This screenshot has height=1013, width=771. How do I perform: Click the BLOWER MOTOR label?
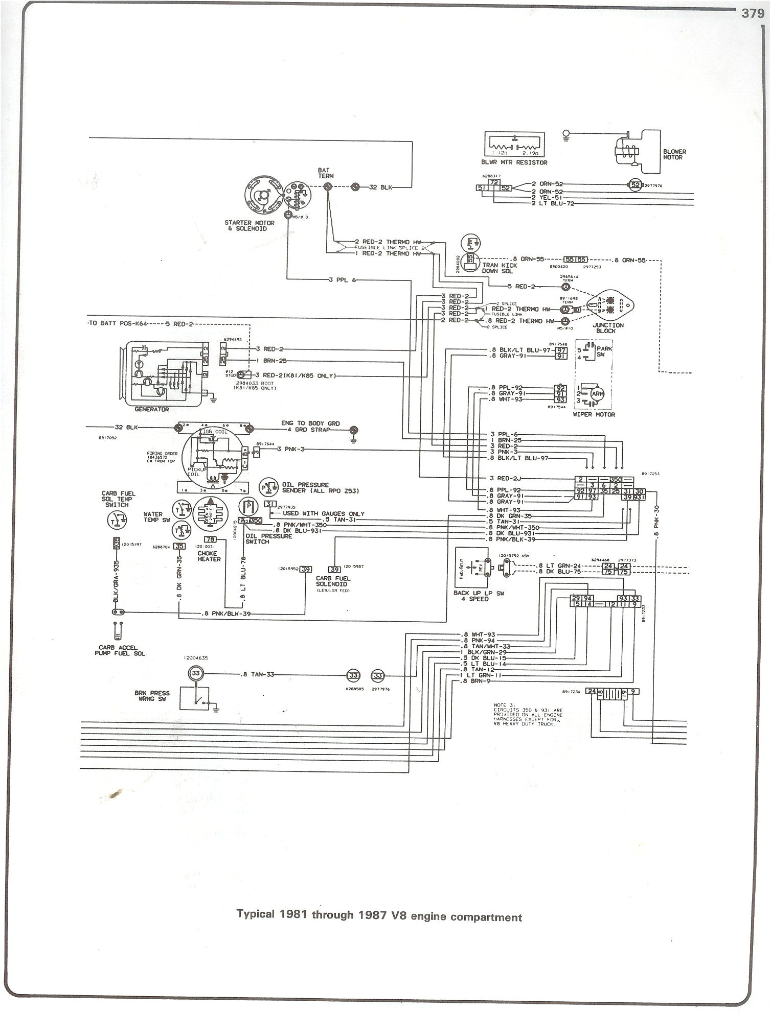click(x=674, y=154)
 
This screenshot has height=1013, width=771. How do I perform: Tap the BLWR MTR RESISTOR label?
click(x=513, y=162)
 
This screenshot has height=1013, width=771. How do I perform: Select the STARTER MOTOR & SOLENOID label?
click(x=250, y=225)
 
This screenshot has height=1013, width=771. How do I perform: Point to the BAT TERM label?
click(x=324, y=173)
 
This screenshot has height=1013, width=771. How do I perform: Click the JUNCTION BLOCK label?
click(x=608, y=327)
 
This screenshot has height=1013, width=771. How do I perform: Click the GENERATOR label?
click(x=152, y=409)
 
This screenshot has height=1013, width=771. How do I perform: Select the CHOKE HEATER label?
click(x=209, y=556)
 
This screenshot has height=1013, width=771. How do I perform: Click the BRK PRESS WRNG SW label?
click(x=152, y=696)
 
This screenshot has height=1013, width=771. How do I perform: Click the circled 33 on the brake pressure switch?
click(x=196, y=674)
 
